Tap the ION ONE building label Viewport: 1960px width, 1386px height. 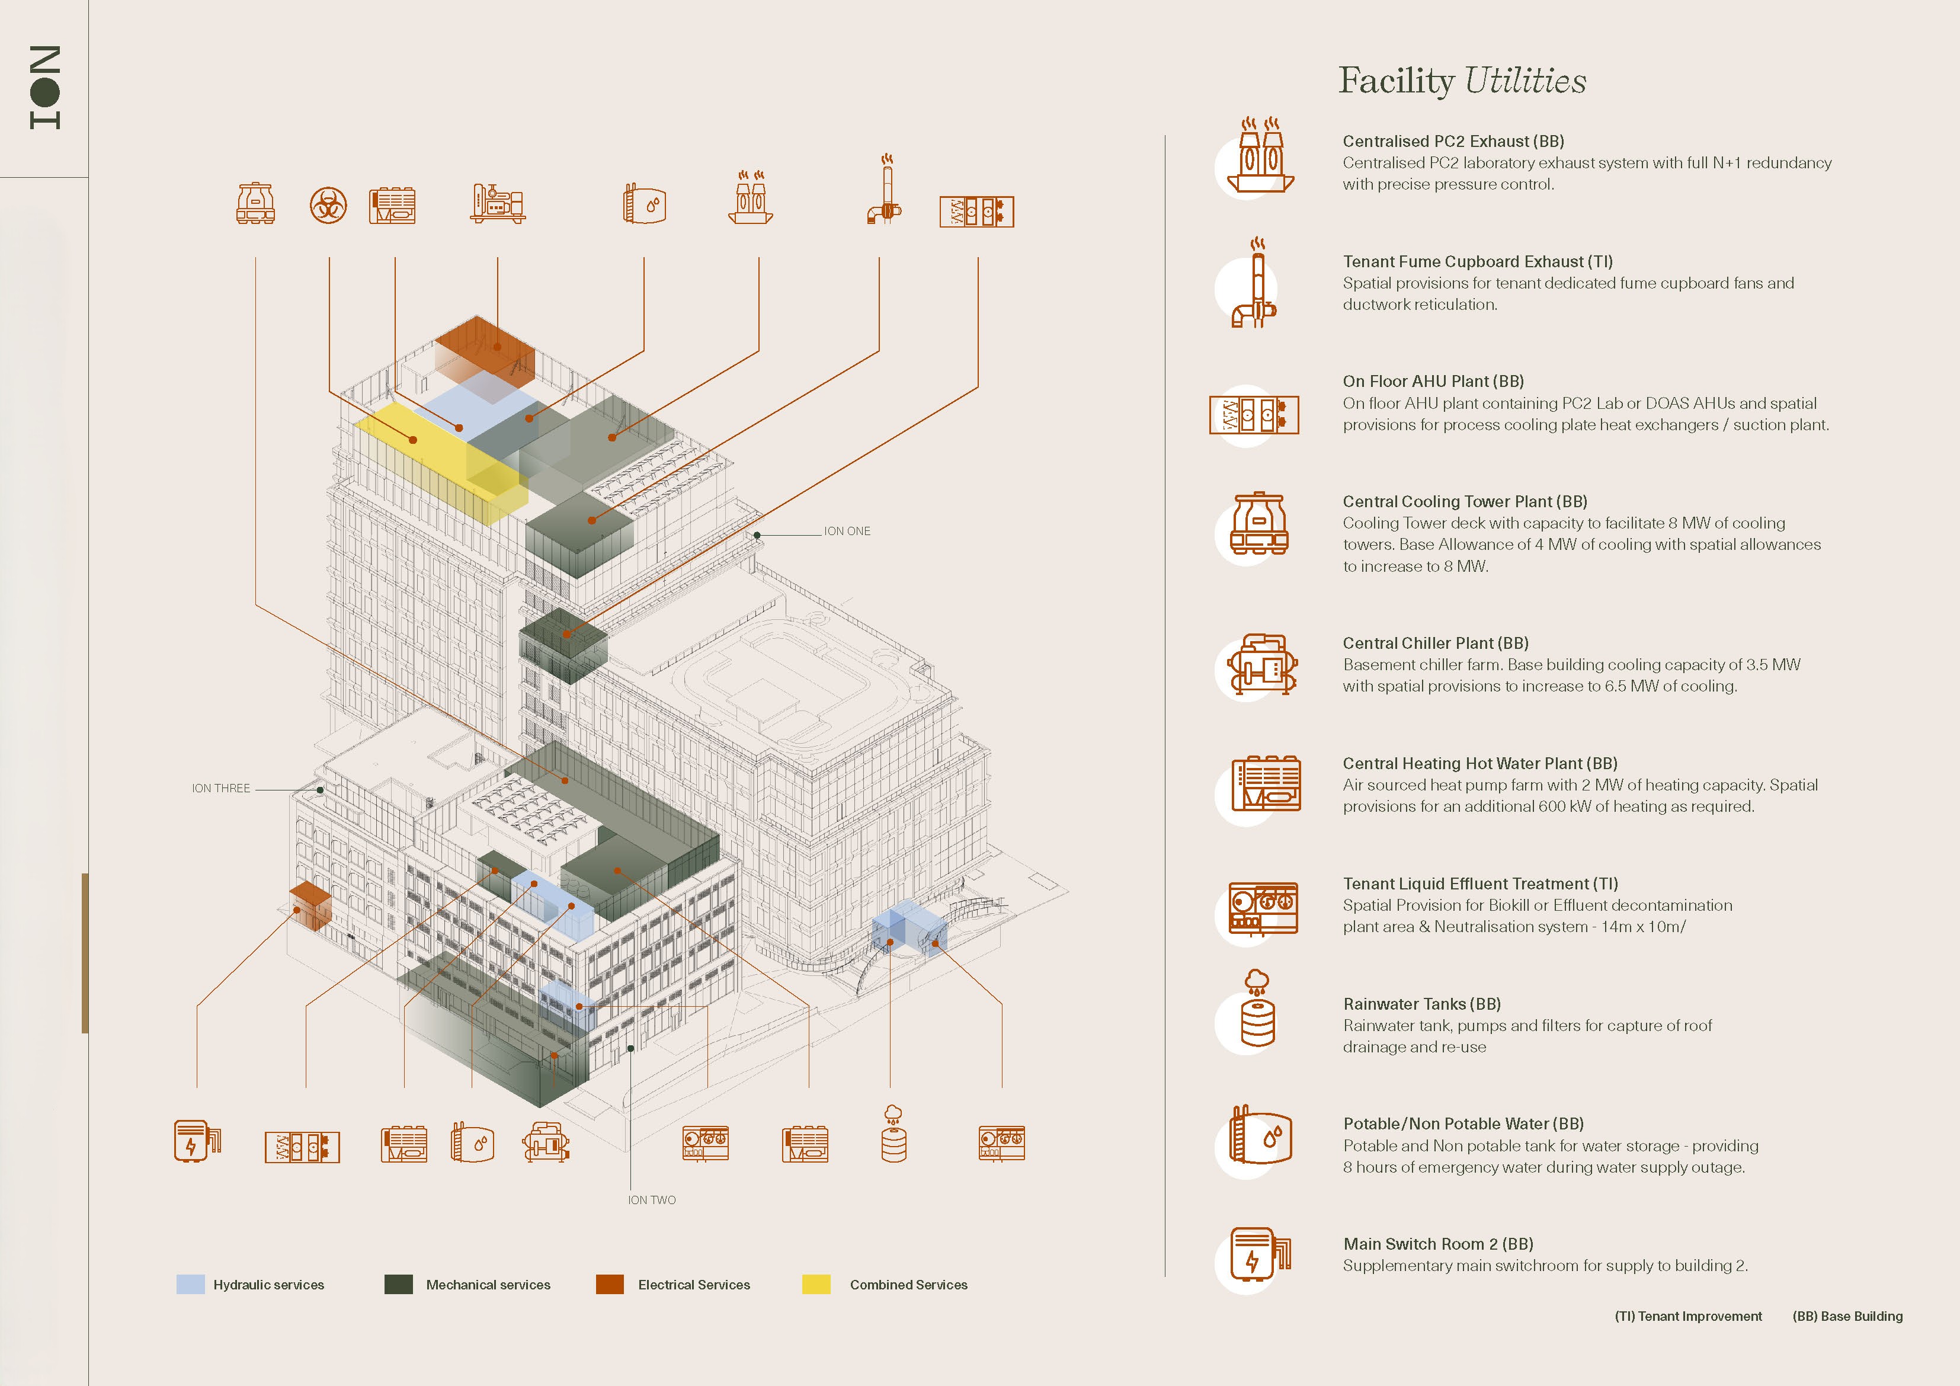pos(847,531)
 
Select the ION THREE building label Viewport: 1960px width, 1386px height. pos(220,788)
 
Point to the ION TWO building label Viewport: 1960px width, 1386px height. pos(651,1200)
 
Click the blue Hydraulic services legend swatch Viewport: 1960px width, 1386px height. pos(190,1285)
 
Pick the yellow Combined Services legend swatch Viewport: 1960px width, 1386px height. pos(816,1285)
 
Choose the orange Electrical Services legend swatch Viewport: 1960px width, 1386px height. pos(610,1285)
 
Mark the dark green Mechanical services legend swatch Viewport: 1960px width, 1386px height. pos(399,1285)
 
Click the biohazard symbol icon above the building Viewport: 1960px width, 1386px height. pos(328,206)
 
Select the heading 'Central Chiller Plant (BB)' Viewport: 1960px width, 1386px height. pos(1435,643)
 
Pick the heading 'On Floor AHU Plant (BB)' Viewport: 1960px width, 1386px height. pos(1433,381)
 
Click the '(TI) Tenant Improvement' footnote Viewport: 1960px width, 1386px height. pos(1687,1316)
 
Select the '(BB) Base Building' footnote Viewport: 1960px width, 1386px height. pos(1847,1316)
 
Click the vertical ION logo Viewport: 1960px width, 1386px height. pos(44,88)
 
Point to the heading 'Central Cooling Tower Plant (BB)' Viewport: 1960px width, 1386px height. pos(1464,501)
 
